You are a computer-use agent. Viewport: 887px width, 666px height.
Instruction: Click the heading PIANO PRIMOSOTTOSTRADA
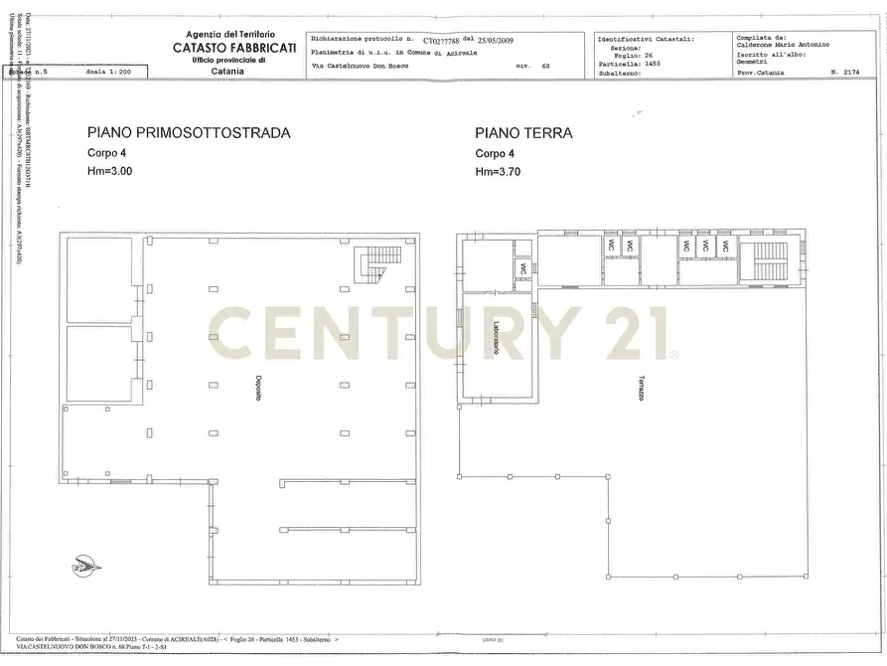[x=189, y=132]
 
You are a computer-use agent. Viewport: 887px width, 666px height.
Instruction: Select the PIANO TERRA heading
[x=523, y=132]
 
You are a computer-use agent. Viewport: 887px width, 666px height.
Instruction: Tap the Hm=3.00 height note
[x=109, y=172]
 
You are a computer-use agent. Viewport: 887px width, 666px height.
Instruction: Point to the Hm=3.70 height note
[x=498, y=172]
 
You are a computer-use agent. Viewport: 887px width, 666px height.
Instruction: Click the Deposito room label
[x=257, y=390]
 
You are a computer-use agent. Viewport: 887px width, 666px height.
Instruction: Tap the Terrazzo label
[x=642, y=389]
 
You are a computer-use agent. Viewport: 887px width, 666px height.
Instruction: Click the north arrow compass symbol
[x=86, y=568]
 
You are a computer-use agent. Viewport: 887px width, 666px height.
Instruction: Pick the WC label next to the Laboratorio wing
[x=522, y=269]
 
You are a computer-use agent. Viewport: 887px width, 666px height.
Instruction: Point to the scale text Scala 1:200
[x=109, y=73]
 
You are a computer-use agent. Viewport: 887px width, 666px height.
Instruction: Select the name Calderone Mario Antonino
[x=784, y=45]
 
